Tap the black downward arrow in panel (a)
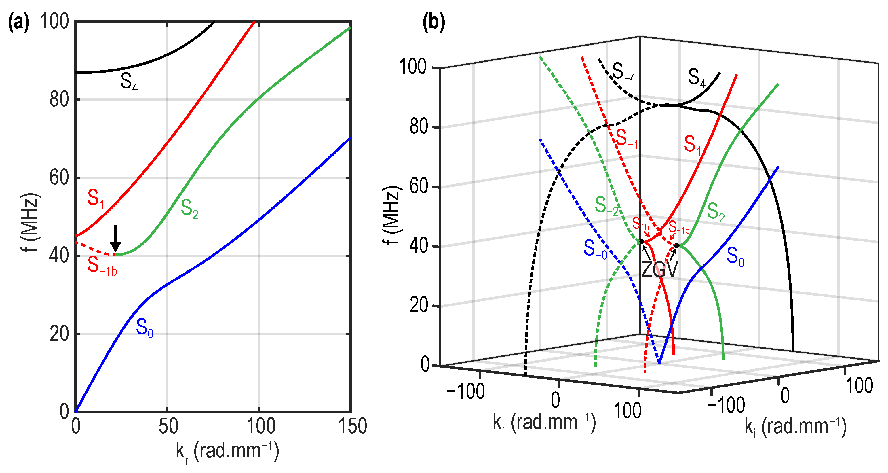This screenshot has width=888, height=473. tap(115, 238)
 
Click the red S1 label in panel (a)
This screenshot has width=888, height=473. tap(95, 199)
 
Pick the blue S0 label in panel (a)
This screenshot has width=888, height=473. tap(144, 328)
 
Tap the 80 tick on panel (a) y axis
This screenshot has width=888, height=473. tap(59, 100)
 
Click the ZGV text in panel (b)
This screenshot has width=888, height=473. tap(659, 270)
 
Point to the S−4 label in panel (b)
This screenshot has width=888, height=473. tap(623, 73)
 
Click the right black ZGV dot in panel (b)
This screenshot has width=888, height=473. tap(677, 246)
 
